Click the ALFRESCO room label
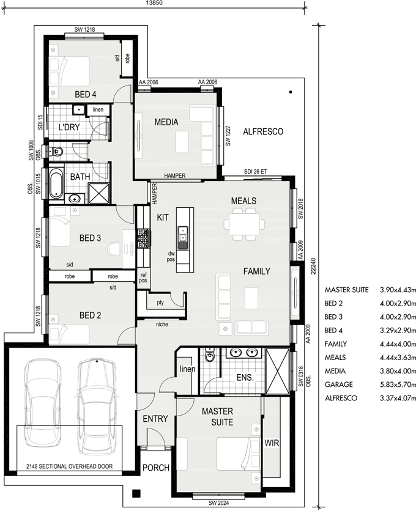263,131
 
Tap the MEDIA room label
166,122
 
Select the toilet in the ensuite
209,355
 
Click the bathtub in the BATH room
56,183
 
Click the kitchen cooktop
144,238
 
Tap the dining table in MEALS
244,224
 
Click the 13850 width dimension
154,3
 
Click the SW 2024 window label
218,503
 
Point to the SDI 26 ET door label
256,172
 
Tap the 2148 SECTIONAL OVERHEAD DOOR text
70,466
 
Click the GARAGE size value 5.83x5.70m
398,384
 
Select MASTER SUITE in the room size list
346,290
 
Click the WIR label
272,443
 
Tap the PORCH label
156,468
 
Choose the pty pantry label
160,303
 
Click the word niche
162,324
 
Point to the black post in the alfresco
291,92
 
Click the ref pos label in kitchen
143,278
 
